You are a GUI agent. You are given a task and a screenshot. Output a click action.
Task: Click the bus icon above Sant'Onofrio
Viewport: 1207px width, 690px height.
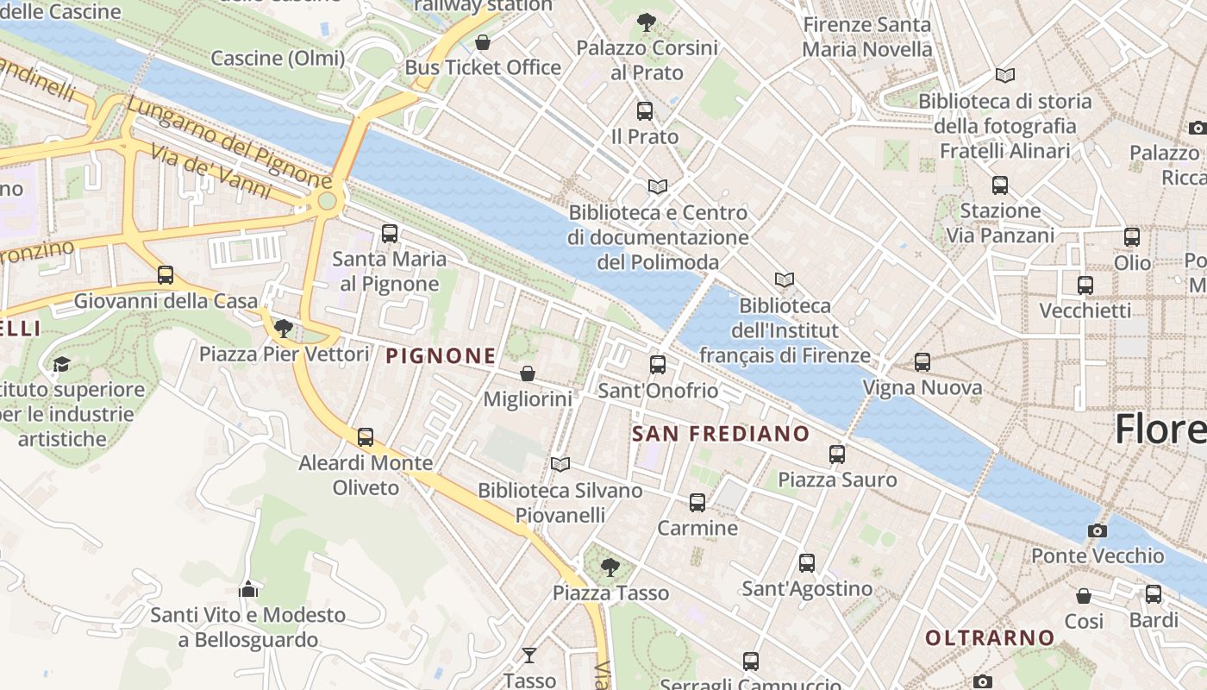(658, 365)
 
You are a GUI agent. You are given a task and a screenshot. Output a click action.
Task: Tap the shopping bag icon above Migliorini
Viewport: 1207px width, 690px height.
(528, 373)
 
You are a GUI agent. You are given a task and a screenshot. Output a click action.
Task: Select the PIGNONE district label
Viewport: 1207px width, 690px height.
(441, 355)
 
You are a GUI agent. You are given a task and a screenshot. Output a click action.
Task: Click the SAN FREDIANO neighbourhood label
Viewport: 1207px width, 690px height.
(721, 434)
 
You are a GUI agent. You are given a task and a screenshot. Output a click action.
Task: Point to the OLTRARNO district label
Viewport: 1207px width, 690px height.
(990, 638)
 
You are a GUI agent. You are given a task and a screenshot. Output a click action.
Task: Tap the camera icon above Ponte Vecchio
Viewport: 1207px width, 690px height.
(1097, 530)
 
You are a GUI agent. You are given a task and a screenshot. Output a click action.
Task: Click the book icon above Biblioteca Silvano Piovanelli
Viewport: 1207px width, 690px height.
(560, 465)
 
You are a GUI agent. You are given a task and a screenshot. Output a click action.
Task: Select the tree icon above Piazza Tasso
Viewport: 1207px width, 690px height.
(610, 567)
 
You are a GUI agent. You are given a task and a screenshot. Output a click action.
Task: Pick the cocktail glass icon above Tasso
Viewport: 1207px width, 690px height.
(529, 655)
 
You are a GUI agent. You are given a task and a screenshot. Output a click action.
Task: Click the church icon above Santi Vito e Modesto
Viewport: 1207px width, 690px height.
(248, 589)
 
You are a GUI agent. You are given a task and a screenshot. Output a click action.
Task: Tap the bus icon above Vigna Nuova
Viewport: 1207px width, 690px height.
(922, 362)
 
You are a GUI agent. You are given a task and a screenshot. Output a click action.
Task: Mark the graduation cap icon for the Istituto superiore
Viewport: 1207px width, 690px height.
(61, 365)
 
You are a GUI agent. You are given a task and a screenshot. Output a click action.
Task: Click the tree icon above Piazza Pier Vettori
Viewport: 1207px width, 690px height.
(283, 328)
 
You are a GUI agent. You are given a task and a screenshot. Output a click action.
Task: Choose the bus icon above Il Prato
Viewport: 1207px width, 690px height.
(645, 111)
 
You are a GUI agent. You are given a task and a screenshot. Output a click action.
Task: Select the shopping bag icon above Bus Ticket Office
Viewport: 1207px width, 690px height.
(483, 42)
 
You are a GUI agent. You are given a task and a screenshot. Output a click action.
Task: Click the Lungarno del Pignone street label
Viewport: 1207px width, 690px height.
(228, 143)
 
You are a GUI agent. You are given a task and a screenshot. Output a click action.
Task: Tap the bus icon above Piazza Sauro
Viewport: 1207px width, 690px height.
(837, 454)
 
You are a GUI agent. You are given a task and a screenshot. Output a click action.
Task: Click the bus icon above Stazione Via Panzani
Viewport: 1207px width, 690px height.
(1000, 185)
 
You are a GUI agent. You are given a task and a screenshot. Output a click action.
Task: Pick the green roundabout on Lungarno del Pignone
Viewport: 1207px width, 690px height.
(327, 201)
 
